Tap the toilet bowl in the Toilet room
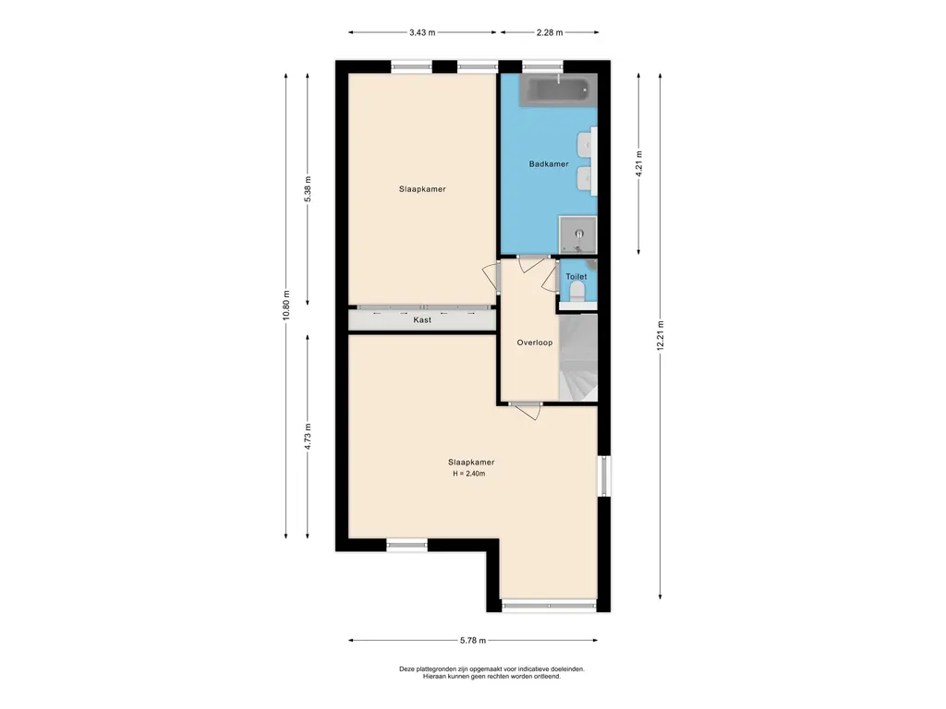[577, 293]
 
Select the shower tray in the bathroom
[577, 234]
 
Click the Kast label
[422, 320]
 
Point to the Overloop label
[535, 342]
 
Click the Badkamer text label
[549, 164]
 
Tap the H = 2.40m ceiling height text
[468, 474]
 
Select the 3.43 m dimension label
[422, 32]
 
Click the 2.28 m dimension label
[550, 32]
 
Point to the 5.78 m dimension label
[473, 641]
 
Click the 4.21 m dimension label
[639, 163]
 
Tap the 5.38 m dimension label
[308, 189]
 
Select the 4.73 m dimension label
[308, 437]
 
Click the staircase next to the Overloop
[578, 357]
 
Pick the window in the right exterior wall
[604, 476]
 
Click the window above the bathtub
[541, 66]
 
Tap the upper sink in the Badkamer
[585, 144]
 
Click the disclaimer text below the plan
[491, 673]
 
